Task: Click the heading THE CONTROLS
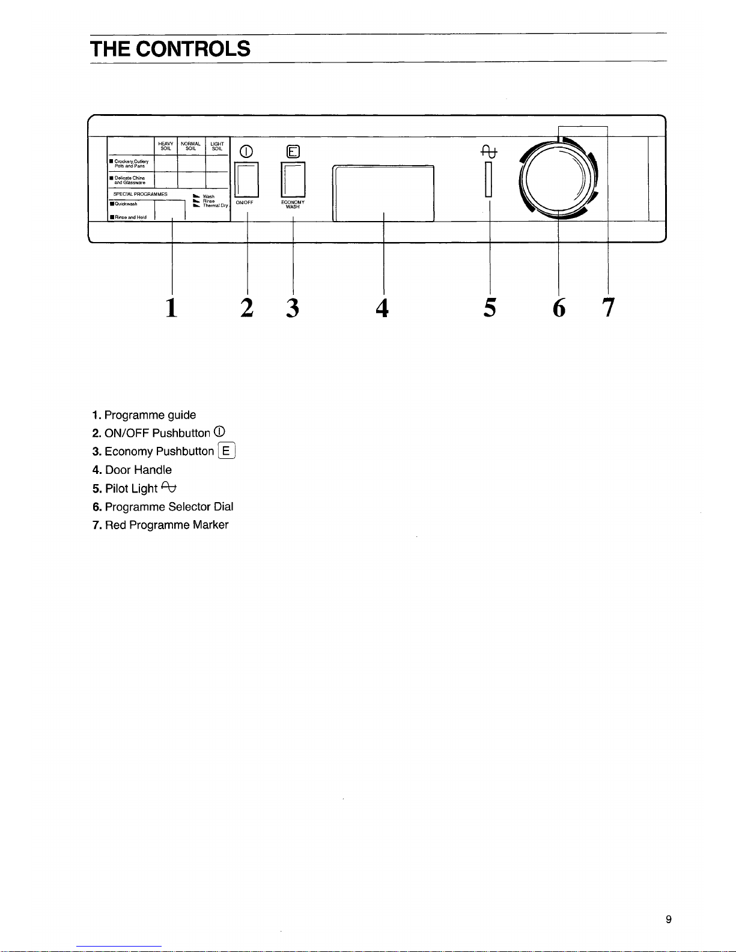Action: click(x=170, y=48)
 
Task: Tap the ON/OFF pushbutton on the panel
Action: click(x=247, y=180)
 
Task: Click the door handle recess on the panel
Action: click(x=383, y=193)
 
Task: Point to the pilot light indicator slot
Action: click(x=488, y=179)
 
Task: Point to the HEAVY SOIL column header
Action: click(x=166, y=146)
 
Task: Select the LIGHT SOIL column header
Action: click(x=217, y=146)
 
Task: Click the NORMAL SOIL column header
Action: click(x=190, y=146)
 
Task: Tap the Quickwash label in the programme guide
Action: click(x=126, y=204)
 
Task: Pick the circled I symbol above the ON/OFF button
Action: click(x=246, y=151)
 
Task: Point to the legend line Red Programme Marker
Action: click(x=160, y=525)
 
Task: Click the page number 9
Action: click(x=669, y=920)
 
